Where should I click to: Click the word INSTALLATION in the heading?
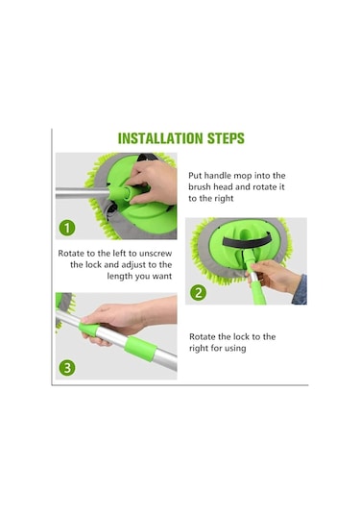(x=160, y=138)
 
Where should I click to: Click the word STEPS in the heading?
(x=226, y=138)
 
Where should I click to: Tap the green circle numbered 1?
(x=67, y=228)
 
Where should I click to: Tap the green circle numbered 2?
(x=198, y=292)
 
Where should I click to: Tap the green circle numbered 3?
(x=67, y=368)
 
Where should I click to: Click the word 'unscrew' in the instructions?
(x=156, y=254)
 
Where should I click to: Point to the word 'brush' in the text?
(x=200, y=186)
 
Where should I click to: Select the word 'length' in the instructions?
(x=120, y=277)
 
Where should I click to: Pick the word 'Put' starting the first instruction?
(x=195, y=176)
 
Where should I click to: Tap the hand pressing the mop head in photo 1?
(x=153, y=182)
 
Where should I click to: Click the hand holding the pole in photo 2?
(x=271, y=276)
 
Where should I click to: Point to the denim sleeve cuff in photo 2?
(x=300, y=290)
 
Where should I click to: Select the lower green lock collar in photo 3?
(x=140, y=349)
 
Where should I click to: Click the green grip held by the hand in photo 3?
(x=89, y=329)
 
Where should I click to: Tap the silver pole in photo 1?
(x=82, y=193)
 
